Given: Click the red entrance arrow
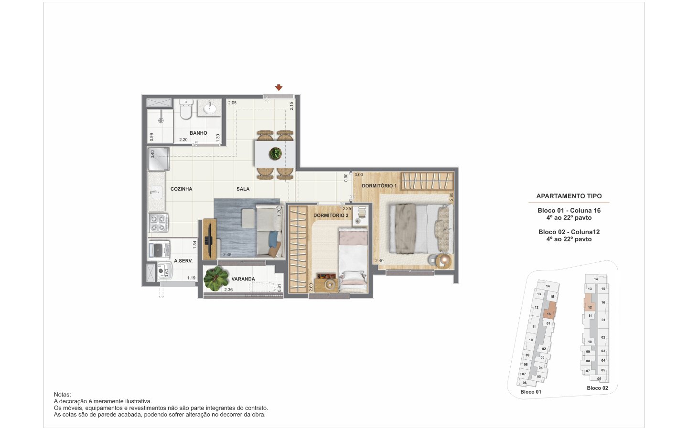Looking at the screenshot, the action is point(279,87).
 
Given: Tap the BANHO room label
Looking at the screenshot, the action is point(198,133).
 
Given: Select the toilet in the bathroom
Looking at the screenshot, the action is point(185,109).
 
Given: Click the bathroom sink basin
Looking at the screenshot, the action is point(210,107).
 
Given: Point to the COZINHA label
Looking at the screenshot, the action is point(181,189).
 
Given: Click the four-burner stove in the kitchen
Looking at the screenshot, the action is point(159,223).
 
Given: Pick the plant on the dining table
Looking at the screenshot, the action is point(275,153).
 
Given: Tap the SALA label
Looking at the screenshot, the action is point(243,189).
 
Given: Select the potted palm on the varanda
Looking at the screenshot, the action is point(216,278).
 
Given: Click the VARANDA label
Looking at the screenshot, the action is point(243,279).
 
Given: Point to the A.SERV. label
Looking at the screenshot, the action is point(183,261).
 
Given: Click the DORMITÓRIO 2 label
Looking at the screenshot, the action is point(331,215).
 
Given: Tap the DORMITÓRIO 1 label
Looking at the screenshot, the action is point(379,186).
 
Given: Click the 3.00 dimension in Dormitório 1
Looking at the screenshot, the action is point(359,175).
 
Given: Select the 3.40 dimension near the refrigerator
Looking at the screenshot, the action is point(152,154).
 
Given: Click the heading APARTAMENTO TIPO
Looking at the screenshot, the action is point(569,196).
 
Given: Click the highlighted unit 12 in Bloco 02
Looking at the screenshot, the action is point(590,302).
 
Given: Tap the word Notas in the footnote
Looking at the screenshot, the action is point(62,395).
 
